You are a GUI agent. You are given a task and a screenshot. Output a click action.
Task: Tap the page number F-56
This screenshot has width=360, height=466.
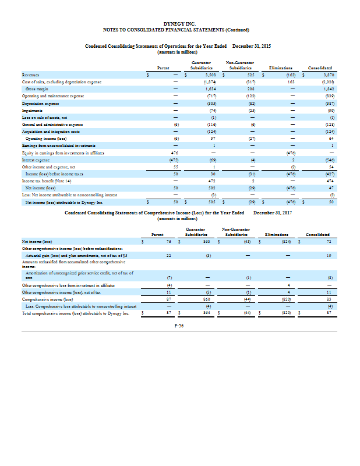(x=179, y=326)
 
